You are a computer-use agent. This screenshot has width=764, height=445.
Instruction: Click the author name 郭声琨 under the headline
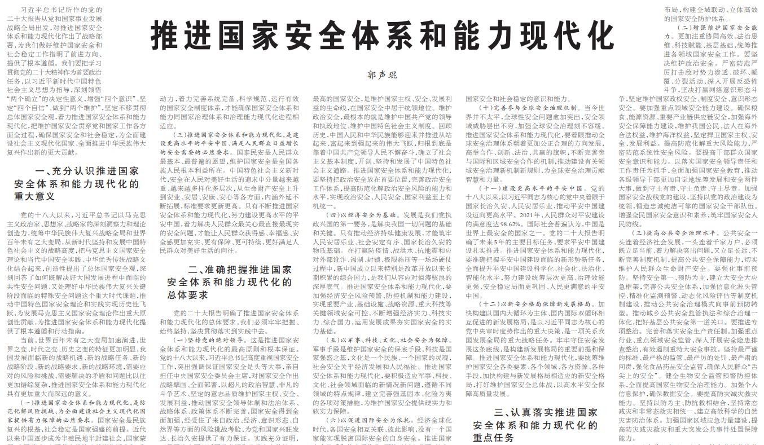coord(382,75)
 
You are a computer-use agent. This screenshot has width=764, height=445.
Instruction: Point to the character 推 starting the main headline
coord(166,36)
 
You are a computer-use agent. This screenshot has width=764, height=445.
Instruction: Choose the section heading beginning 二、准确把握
coord(230,282)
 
